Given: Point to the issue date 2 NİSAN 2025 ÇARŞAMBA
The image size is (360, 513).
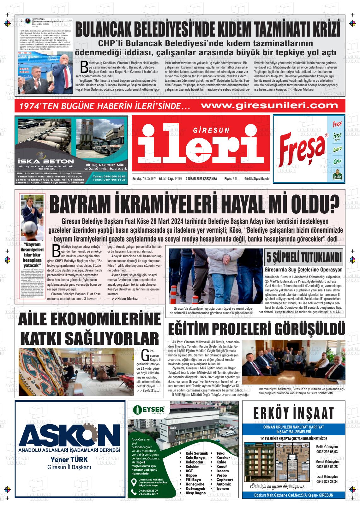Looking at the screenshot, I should pyautogui.click(x=201, y=179).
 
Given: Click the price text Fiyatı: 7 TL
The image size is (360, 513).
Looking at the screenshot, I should pyautogui.click(x=231, y=179).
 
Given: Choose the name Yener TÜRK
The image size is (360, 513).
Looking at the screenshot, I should pyautogui.click(x=69, y=459).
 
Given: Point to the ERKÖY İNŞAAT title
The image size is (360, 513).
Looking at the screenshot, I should pyautogui.click(x=293, y=413).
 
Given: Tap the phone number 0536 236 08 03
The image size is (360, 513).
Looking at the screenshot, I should pyautogui.click(x=327, y=452).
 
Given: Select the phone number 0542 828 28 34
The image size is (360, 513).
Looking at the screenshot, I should pyautogui.click(x=327, y=481).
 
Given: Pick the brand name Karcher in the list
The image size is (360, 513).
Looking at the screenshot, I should pyautogui.click(x=223, y=457).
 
